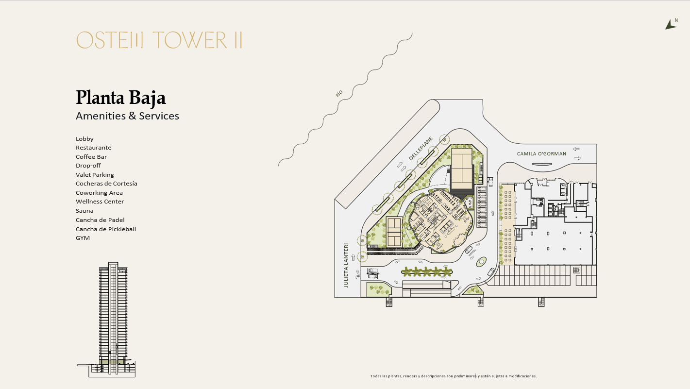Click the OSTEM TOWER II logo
click(x=159, y=40)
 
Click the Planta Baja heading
click(x=121, y=98)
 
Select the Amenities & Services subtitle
click(x=127, y=116)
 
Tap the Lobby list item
click(x=84, y=139)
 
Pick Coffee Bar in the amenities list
click(x=91, y=157)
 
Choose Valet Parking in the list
click(x=95, y=175)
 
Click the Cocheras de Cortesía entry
click(x=106, y=184)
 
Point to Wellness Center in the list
click(x=100, y=202)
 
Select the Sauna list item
click(x=84, y=211)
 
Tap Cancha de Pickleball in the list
click(x=106, y=229)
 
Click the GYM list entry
click(x=83, y=238)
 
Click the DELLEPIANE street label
click(x=421, y=149)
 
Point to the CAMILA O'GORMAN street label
click(x=541, y=153)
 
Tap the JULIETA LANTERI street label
click(x=346, y=266)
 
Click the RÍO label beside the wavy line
click(x=339, y=93)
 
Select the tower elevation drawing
click(x=106, y=320)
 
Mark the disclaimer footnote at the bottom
click(x=454, y=376)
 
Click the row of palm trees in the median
click(x=427, y=271)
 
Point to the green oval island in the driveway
click(x=481, y=262)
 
